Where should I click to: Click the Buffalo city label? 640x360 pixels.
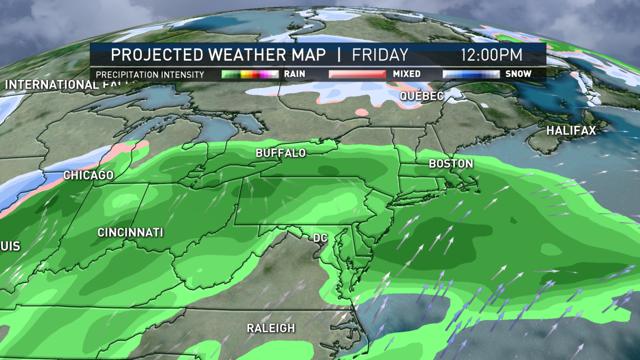(x=281, y=153)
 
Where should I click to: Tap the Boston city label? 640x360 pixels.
(x=451, y=164)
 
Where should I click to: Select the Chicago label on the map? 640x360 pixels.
(x=88, y=175)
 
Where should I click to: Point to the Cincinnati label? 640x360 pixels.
(x=130, y=233)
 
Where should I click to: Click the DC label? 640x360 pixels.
(x=321, y=236)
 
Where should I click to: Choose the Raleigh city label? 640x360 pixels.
(x=270, y=328)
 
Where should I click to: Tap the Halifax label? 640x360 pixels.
(x=570, y=130)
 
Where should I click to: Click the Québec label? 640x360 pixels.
(x=422, y=96)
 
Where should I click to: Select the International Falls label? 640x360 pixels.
(x=51, y=85)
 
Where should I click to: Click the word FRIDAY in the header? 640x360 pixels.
(x=379, y=55)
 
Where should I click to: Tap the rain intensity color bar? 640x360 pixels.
(x=250, y=74)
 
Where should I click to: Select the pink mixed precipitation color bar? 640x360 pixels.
(x=357, y=74)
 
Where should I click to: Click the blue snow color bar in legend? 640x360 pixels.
(x=471, y=74)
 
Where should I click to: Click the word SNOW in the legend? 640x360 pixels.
(x=519, y=74)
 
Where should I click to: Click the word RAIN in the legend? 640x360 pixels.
(x=295, y=74)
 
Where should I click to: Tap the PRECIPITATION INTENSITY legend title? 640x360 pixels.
(x=150, y=75)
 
